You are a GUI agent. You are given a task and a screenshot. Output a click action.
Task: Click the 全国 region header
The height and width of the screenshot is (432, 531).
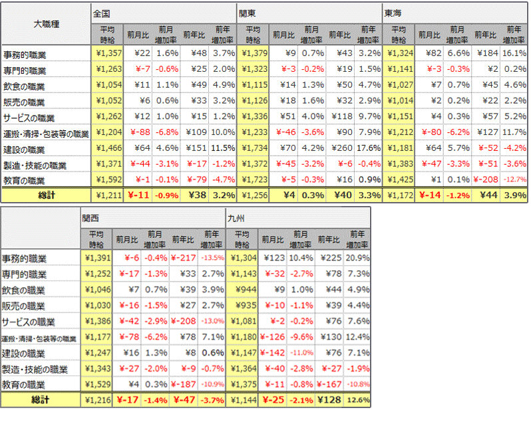(x=102, y=13)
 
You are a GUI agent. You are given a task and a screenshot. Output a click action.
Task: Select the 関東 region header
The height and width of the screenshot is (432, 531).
(x=248, y=13)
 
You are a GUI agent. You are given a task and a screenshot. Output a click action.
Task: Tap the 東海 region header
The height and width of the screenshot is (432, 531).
(x=393, y=13)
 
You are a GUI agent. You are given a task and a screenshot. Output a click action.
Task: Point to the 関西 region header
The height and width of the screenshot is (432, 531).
(x=90, y=217)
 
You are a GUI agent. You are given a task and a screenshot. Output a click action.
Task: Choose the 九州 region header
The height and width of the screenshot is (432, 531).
(x=236, y=217)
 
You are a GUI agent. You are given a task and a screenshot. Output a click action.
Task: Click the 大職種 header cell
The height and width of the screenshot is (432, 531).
(x=46, y=24)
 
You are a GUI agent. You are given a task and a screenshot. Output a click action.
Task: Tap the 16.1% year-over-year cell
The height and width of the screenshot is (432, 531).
(x=514, y=53)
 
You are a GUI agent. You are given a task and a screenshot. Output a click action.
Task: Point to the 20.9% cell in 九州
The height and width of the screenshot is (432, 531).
(x=357, y=257)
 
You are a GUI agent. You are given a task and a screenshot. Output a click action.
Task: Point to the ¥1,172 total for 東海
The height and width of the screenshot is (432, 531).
(x=399, y=195)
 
